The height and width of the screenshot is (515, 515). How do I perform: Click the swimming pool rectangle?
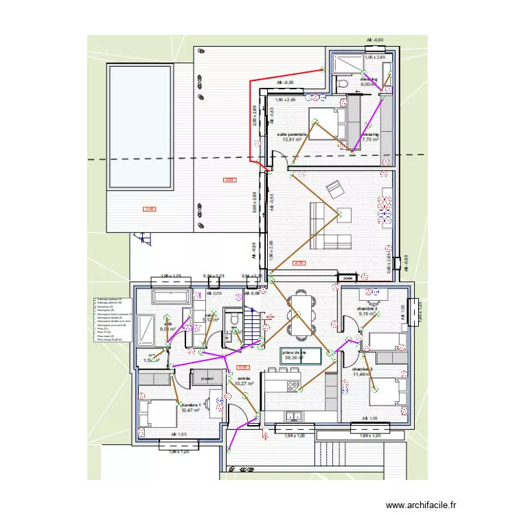click(x=139, y=126)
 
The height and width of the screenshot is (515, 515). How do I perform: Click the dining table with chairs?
click(x=299, y=314)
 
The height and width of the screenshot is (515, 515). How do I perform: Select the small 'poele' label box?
click(x=347, y=278)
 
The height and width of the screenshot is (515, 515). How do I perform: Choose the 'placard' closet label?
click(x=205, y=378)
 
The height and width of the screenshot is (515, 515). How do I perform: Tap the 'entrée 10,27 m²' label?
click(x=244, y=382)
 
